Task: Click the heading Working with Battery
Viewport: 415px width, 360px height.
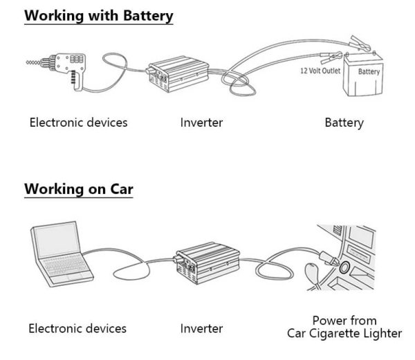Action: click(x=98, y=16)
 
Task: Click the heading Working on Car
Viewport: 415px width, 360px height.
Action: click(x=78, y=188)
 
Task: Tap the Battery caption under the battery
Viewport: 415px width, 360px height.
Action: click(x=344, y=123)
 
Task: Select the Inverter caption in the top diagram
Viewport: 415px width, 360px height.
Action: click(x=201, y=123)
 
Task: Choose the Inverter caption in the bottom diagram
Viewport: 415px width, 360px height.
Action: click(x=201, y=328)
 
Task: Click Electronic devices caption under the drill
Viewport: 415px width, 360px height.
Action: click(x=78, y=123)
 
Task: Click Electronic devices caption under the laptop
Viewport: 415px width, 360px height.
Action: click(x=77, y=328)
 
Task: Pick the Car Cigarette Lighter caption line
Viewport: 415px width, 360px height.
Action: click(x=344, y=334)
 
